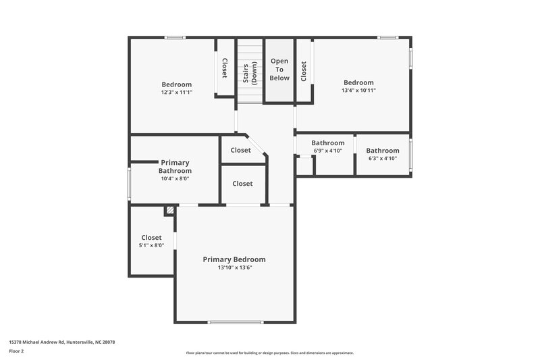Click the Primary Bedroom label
(x=234, y=259)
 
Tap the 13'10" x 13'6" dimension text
(x=234, y=267)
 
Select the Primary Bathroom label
(x=175, y=166)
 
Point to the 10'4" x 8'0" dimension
(x=175, y=179)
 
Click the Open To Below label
(x=279, y=70)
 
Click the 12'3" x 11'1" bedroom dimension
(x=177, y=92)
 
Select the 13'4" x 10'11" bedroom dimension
(x=358, y=90)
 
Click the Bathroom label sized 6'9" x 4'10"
(x=328, y=143)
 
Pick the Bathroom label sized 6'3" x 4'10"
(x=383, y=151)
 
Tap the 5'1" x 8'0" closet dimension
(x=152, y=245)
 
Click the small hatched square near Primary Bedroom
(x=170, y=210)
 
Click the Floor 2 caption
(x=17, y=351)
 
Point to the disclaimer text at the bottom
(x=269, y=353)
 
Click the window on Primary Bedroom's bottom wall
(x=234, y=322)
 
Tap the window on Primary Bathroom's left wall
(x=130, y=184)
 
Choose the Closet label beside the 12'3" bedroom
(x=224, y=68)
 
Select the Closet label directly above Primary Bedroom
(x=242, y=184)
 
